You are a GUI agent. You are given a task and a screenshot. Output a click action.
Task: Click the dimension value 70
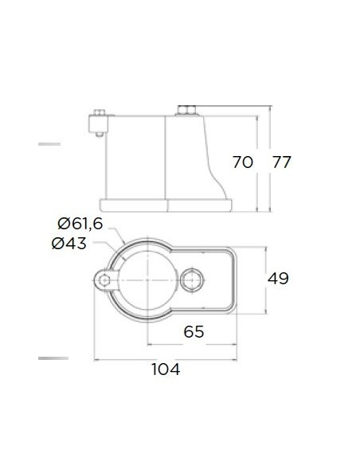243,162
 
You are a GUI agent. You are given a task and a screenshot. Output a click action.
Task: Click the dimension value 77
282,162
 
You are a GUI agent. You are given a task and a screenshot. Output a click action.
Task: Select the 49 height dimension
278,279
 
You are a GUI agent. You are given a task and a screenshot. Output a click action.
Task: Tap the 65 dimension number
194,331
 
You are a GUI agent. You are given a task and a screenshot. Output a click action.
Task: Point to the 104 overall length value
166,369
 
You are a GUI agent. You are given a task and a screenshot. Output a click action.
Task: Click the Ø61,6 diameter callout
80,223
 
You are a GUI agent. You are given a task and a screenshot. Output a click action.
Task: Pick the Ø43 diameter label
69,244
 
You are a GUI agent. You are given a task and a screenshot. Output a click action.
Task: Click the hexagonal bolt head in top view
192,280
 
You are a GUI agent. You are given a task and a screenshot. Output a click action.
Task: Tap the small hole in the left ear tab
104,280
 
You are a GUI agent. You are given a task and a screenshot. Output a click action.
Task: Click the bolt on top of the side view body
187,111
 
